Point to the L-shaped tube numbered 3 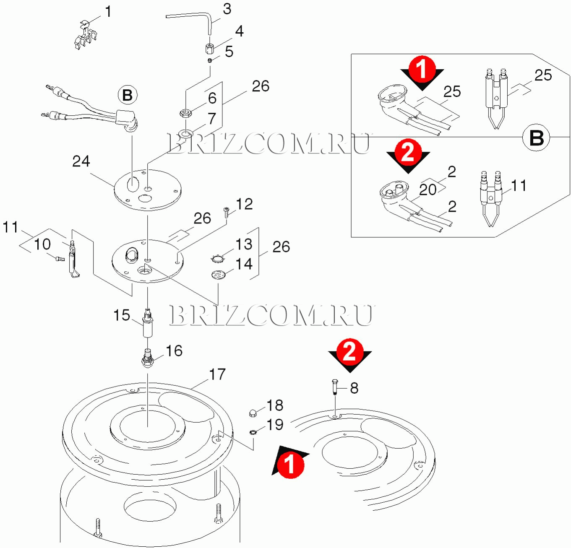tap(189, 17)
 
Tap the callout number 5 tap(229, 52)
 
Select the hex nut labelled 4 tap(210, 48)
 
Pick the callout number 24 tap(81, 161)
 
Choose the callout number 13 tap(244, 244)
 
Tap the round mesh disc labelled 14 tap(218, 275)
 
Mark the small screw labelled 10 tap(60, 259)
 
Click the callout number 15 tap(122, 315)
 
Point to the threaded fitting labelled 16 tap(148, 357)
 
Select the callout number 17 tap(217, 374)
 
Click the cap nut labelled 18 tap(253, 413)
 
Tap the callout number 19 tap(275, 425)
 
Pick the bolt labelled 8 tap(334, 387)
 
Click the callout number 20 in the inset tap(428, 190)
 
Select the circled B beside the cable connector tap(128, 95)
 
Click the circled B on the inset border tap(537, 138)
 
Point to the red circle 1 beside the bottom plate tap(289, 465)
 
